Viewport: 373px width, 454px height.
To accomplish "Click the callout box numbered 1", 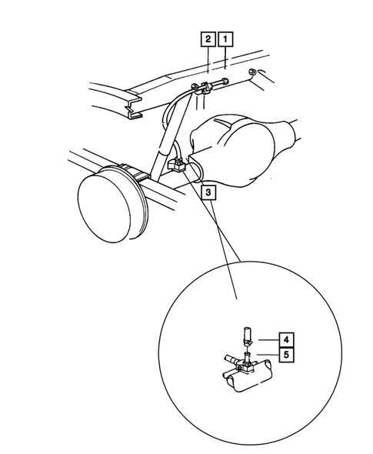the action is [225, 39].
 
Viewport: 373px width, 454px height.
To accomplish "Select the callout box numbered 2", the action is [208, 39].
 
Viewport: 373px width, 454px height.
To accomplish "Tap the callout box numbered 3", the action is [208, 192].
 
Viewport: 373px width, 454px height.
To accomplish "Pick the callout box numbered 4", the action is [286, 339].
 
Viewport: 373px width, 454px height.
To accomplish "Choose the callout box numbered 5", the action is [286, 355].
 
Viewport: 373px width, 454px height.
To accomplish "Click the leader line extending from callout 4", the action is [268, 340].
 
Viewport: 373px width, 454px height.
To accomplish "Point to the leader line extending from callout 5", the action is [268, 355].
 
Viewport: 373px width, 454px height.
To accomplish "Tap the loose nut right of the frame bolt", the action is [251, 72].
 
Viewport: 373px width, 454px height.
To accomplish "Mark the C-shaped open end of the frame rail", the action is [133, 108].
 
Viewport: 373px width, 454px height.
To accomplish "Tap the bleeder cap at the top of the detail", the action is [247, 335].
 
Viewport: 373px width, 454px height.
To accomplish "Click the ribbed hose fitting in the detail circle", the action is [231, 361].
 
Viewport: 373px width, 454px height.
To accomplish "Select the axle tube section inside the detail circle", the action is [248, 376].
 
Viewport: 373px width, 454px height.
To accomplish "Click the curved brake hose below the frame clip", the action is [171, 108].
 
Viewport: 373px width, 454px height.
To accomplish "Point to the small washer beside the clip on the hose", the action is [194, 87].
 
